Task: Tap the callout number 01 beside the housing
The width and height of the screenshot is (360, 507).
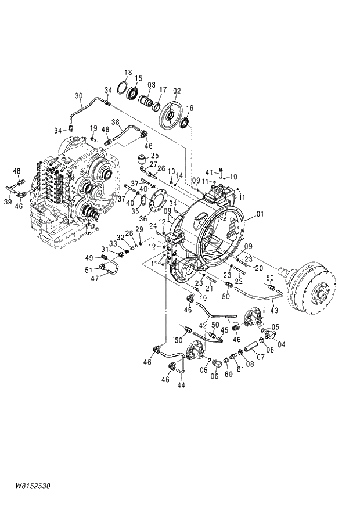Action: pos(260,214)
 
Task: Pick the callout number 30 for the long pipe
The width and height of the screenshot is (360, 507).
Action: pos(79,95)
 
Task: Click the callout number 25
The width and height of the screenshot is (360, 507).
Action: pos(154,156)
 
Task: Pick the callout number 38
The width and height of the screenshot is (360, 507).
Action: pos(115,123)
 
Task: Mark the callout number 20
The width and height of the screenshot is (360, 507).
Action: pos(259,268)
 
